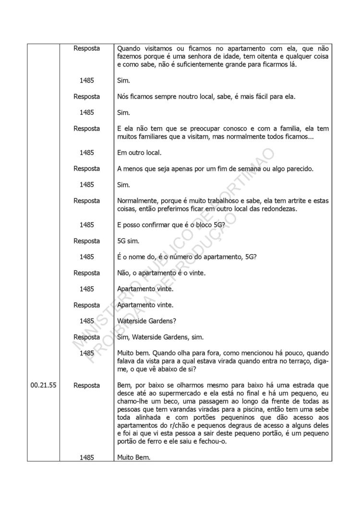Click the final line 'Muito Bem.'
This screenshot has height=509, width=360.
click(x=133, y=458)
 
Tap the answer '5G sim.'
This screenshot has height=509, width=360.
click(x=128, y=241)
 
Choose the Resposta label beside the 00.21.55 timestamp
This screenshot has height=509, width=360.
click(x=87, y=385)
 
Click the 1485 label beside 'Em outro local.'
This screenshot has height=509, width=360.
click(x=87, y=153)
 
